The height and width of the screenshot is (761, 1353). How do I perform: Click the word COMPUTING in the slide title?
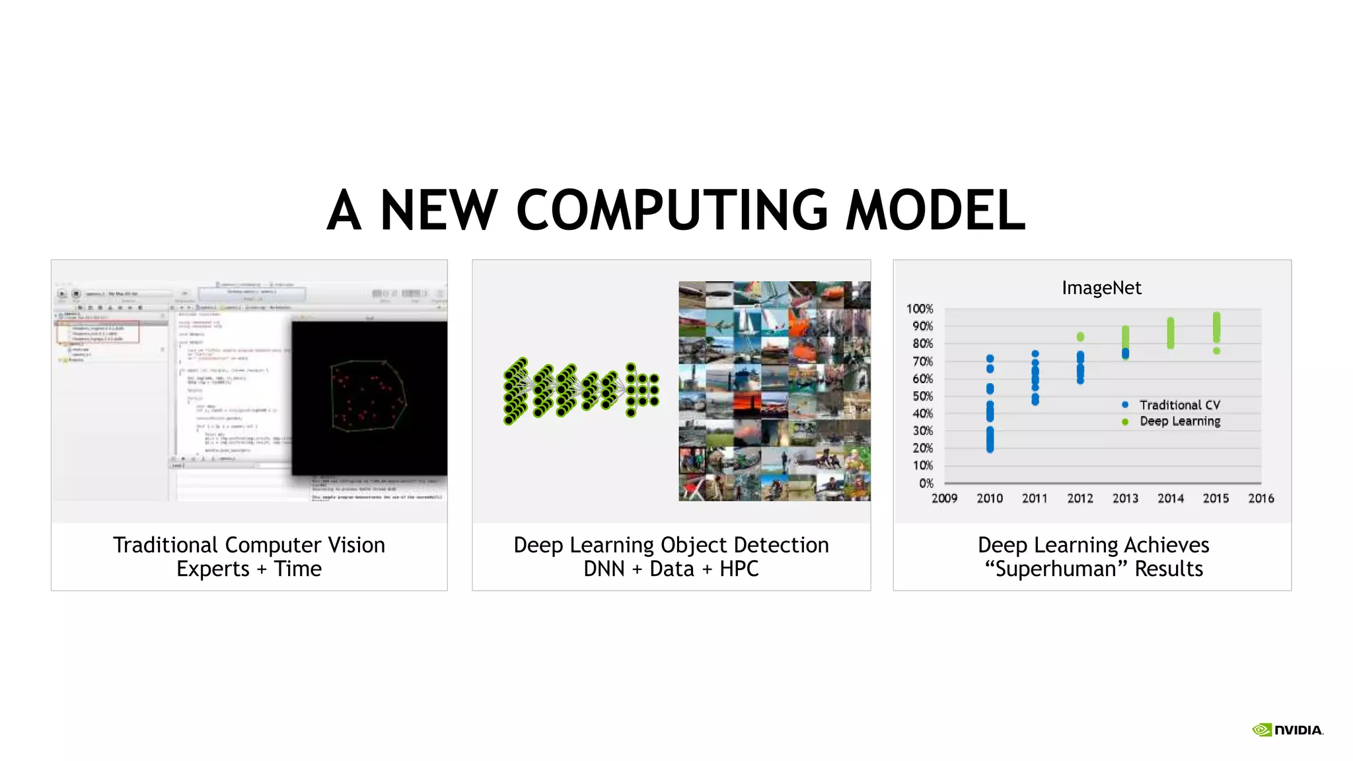click(671, 210)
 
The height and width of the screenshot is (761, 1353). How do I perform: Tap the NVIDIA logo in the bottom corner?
click(1288, 729)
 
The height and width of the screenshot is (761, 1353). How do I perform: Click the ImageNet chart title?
click(1101, 288)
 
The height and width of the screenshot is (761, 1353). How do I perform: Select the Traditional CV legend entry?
click(1179, 405)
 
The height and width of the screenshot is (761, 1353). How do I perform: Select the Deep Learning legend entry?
click(1179, 421)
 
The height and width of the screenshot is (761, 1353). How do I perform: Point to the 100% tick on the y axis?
click(920, 309)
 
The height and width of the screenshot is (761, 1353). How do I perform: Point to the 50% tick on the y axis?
click(922, 396)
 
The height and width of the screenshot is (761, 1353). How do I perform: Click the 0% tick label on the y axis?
click(926, 484)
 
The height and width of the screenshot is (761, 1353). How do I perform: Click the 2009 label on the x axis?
click(944, 499)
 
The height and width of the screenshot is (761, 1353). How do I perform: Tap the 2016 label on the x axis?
click(1261, 499)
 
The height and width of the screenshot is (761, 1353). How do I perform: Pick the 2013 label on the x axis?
click(1125, 499)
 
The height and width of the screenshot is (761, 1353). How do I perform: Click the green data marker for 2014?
click(1171, 333)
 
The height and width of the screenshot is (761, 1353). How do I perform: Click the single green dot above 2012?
click(1080, 337)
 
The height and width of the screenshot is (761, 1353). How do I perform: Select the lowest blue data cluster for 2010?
click(990, 439)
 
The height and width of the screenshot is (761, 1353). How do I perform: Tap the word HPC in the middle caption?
click(739, 569)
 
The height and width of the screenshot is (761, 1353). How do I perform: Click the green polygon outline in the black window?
click(332, 396)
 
